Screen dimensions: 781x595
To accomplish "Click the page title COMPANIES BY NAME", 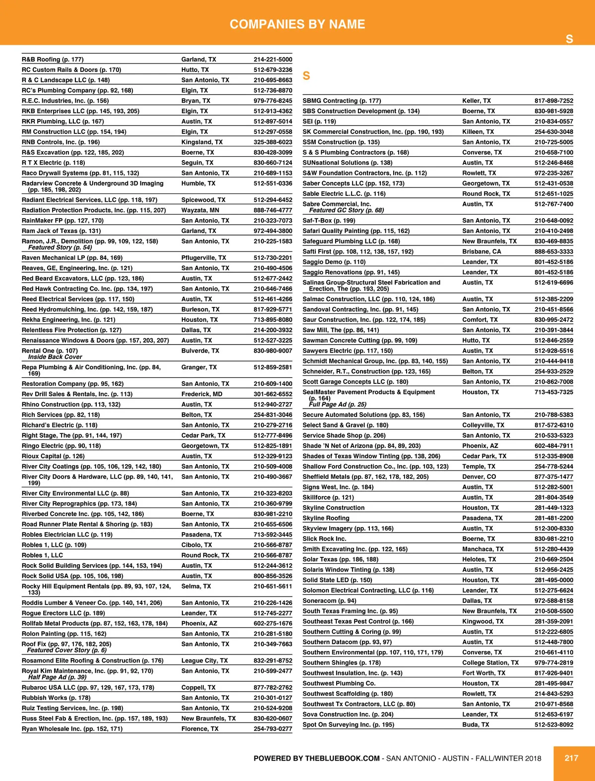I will pyautogui.click(x=297, y=24).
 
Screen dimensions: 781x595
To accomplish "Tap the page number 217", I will pyautogui.click(x=571, y=758).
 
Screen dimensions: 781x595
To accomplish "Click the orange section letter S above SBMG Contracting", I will pyautogui.click(x=306, y=76).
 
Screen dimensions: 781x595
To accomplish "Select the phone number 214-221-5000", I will pyautogui.click(x=273, y=60).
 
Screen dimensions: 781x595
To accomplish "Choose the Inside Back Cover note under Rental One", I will pyautogui.click(x=55, y=357).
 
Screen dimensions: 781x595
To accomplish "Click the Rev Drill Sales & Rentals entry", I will pyautogui.click(x=77, y=394).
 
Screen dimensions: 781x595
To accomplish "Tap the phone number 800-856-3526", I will pyautogui.click(x=273, y=576).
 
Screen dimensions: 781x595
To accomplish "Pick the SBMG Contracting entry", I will pyautogui.click(x=342, y=101).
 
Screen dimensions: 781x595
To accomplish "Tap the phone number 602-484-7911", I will pyautogui.click(x=553, y=446).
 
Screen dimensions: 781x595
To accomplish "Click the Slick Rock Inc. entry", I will pyautogui.click(x=324, y=539).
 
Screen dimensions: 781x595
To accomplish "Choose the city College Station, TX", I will pyautogui.click(x=490, y=663).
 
